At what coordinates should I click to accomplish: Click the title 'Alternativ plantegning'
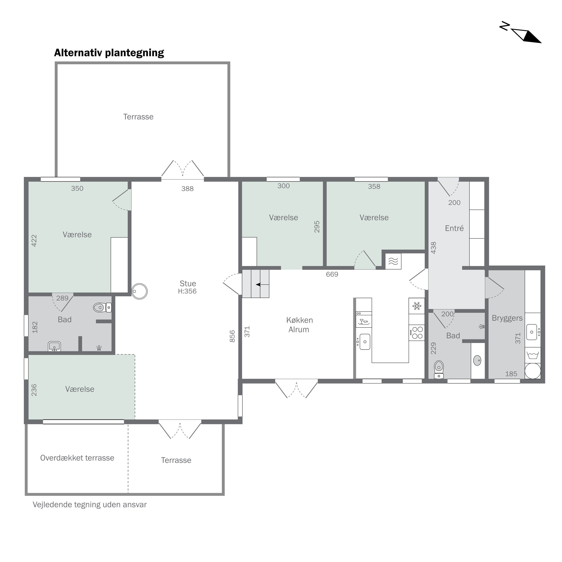[x=109, y=53]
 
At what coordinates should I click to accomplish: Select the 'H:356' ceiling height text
[x=187, y=291]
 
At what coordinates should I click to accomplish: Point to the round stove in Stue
[x=139, y=291]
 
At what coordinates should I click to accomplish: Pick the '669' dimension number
[x=332, y=274]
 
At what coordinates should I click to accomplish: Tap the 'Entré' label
[x=454, y=228]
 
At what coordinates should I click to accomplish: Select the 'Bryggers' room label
[x=507, y=318]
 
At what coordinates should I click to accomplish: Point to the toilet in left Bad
[x=102, y=307]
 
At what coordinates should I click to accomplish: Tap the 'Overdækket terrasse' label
[x=77, y=458]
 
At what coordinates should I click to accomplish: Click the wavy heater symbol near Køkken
[x=393, y=261]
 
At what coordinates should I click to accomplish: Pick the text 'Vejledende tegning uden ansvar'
[x=90, y=505]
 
